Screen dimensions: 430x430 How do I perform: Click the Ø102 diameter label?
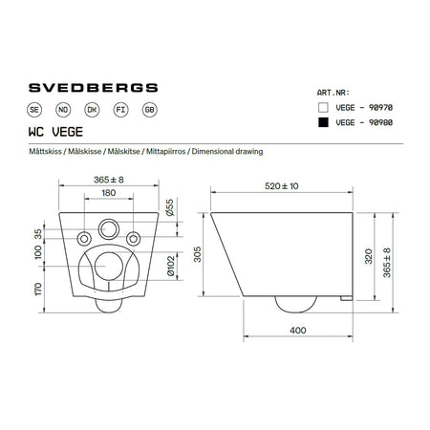tap(168, 265)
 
